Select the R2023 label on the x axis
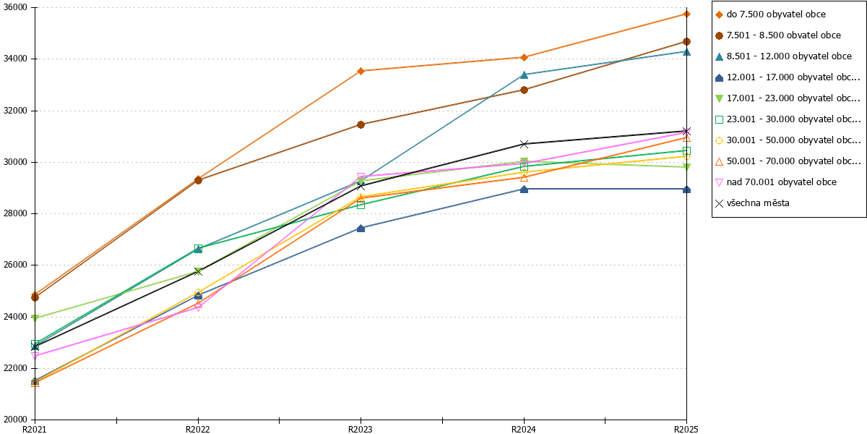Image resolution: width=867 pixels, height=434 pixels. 361,430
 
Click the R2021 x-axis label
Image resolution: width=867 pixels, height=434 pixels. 35,430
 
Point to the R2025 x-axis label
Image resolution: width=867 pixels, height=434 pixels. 686,430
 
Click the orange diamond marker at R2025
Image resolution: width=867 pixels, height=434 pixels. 686,14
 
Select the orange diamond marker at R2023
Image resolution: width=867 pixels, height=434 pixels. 361,71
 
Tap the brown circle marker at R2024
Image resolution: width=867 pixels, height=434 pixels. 524,90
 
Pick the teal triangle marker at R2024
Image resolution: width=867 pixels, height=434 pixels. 524,75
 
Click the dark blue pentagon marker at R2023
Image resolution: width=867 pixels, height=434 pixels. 361,229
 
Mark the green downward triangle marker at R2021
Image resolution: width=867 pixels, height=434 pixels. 35,318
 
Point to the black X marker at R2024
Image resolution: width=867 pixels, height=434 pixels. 524,144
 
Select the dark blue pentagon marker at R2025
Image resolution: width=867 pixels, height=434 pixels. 686,190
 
